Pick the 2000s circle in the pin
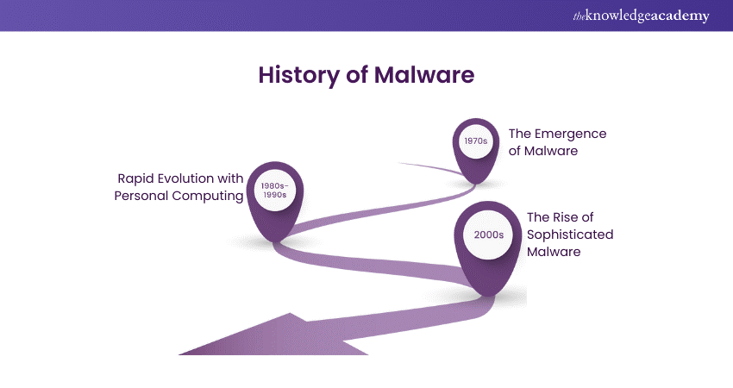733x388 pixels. pos(489,234)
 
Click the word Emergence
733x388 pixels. pos(571,134)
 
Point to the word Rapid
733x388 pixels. pos(137,178)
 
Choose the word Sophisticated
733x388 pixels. pos(570,235)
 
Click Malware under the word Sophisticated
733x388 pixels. pos(554,252)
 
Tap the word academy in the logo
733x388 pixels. pos(683,16)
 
